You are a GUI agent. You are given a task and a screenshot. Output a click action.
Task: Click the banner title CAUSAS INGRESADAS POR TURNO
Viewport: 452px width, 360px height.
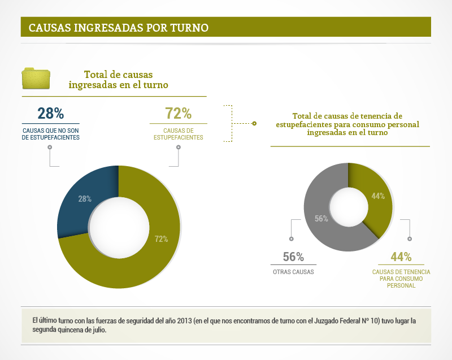pyautogui.click(x=119, y=27)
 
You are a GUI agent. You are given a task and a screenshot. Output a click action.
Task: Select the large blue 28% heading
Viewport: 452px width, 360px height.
pyautogui.click(x=50, y=114)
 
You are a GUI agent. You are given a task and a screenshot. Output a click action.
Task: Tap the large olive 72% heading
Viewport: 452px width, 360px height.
pyautogui.click(x=178, y=114)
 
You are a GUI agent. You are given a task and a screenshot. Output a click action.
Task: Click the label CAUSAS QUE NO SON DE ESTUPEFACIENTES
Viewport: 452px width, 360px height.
pyautogui.click(x=50, y=134)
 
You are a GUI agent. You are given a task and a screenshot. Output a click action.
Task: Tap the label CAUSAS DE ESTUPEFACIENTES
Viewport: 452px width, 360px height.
pyautogui.click(x=179, y=134)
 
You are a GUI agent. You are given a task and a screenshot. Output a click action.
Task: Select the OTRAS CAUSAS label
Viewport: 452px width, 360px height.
pyautogui.click(x=293, y=272)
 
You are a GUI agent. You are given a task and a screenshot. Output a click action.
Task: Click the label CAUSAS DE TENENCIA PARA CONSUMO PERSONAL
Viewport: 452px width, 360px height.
pyautogui.click(x=401, y=279)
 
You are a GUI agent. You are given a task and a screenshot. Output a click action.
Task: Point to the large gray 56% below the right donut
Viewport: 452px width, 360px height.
pyautogui.click(x=293, y=257)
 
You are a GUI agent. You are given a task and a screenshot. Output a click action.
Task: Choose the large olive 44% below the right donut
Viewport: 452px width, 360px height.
pyautogui.click(x=401, y=257)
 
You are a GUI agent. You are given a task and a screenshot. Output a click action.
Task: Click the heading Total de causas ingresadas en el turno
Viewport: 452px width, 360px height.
pyautogui.click(x=119, y=79)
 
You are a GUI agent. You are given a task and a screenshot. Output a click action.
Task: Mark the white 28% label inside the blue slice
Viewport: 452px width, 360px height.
pyautogui.click(x=85, y=198)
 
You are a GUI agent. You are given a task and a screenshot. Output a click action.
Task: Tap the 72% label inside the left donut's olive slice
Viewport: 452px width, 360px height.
pyautogui.click(x=161, y=239)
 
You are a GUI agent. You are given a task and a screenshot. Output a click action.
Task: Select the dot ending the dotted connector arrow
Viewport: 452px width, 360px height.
pyautogui.click(x=254, y=123)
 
